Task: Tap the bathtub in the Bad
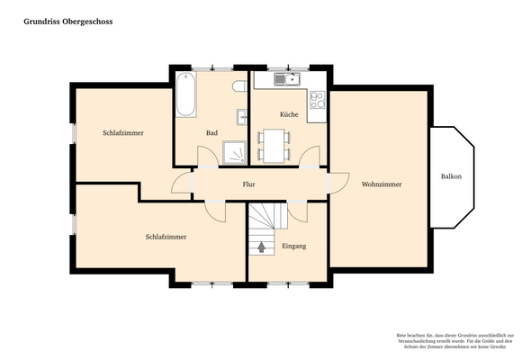[x=185, y=95]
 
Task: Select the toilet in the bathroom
[x=238, y=86]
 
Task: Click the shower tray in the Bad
[x=235, y=154]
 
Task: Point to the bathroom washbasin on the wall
[x=242, y=116]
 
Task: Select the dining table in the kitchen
[x=274, y=145]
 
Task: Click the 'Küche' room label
[x=289, y=115]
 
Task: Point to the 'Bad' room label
[x=211, y=133]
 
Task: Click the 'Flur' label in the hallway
[x=249, y=184]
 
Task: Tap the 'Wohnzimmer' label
[x=381, y=184]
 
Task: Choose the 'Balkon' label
[x=451, y=176]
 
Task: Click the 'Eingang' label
[x=294, y=246]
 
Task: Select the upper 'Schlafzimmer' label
[x=123, y=133]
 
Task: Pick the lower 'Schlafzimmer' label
[x=166, y=237]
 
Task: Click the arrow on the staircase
[x=262, y=246]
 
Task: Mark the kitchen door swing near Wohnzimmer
[x=310, y=160]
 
